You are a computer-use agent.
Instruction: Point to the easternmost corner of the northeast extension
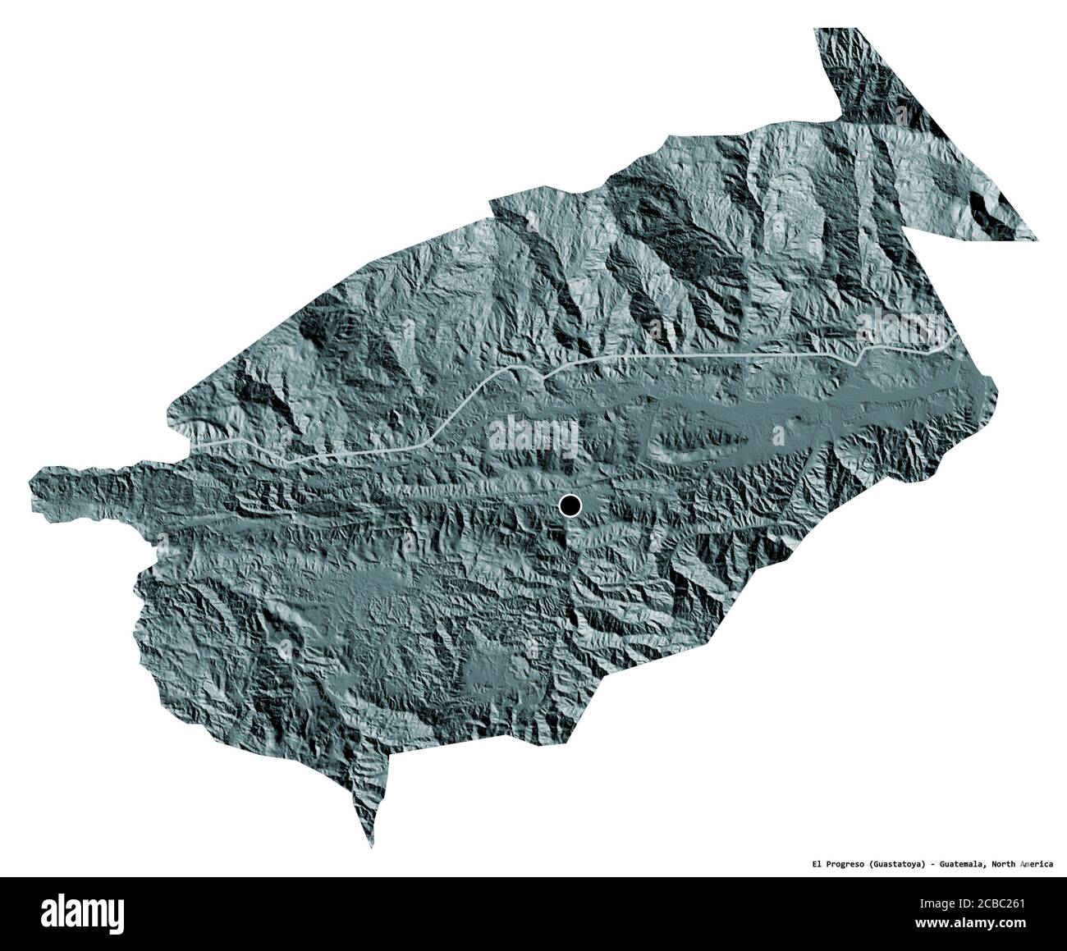[x=1037, y=239]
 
